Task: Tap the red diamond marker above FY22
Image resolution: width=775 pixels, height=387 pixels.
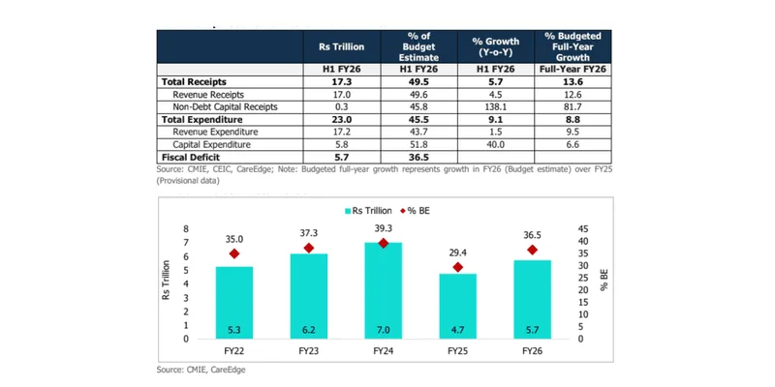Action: [233, 254]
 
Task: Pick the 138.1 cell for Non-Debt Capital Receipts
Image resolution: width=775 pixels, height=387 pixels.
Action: [496, 108]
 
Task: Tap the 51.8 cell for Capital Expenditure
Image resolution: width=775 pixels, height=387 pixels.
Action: [418, 143]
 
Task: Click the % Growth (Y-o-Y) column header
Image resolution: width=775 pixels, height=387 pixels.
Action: [496, 47]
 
